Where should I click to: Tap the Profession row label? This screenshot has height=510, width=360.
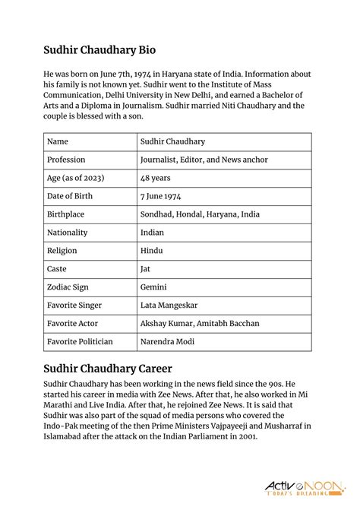(x=66, y=160)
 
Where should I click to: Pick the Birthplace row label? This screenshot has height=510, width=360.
(x=66, y=214)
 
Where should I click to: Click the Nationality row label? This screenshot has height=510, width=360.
(x=67, y=233)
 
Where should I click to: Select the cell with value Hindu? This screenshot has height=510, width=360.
(x=153, y=251)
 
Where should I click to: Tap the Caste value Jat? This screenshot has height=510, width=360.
(x=145, y=269)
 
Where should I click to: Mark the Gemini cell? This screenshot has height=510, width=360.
(x=153, y=287)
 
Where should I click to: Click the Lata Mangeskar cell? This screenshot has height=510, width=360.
(x=169, y=306)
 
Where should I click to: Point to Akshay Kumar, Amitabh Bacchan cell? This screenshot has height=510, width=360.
(x=200, y=324)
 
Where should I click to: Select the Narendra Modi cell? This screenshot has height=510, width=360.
(x=167, y=342)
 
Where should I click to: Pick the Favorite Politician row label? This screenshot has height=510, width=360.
(x=80, y=342)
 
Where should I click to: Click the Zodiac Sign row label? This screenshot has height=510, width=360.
(x=69, y=287)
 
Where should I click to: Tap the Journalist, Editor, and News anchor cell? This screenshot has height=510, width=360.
(x=204, y=160)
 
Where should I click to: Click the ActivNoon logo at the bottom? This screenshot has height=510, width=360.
(x=304, y=488)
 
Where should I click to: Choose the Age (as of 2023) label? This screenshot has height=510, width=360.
(x=75, y=178)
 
